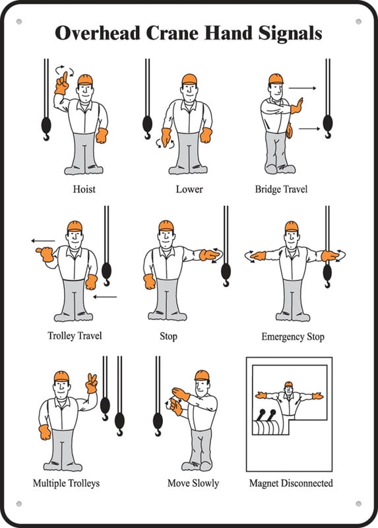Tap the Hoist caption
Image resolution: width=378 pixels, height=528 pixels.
tap(84, 189)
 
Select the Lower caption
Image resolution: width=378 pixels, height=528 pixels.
tap(189, 189)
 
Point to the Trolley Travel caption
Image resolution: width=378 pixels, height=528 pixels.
tap(75, 335)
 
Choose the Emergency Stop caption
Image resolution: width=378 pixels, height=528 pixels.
tap(293, 337)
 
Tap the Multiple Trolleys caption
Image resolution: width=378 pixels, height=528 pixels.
tap(66, 483)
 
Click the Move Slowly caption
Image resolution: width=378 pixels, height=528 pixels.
tap(193, 483)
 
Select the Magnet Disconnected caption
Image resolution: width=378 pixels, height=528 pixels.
tap(291, 483)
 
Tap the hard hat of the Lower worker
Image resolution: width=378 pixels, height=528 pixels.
tap(190, 79)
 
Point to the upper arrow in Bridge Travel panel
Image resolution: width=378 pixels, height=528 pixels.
tap(302, 87)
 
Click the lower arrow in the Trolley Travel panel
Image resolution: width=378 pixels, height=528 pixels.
tap(105, 297)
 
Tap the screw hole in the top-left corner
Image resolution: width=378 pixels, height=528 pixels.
tap(18, 22)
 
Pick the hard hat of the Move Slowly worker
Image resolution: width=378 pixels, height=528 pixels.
tap(201, 375)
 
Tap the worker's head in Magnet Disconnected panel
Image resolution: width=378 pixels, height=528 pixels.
tap(288, 386)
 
